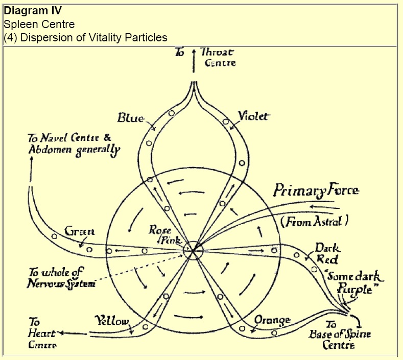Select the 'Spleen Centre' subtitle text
[x=38, y=24]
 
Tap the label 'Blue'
[x=130, y=118]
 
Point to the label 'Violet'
[x=253, y=116]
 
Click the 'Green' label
[x=79, y=231]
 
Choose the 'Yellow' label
[x=112, y=321]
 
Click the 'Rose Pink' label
[x=160, y=234]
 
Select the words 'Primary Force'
[x=316, y=191]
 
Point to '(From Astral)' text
[x=314, y=222]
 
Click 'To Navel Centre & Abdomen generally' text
[x=74, y=144]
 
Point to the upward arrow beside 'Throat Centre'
[x=194, y=61]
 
